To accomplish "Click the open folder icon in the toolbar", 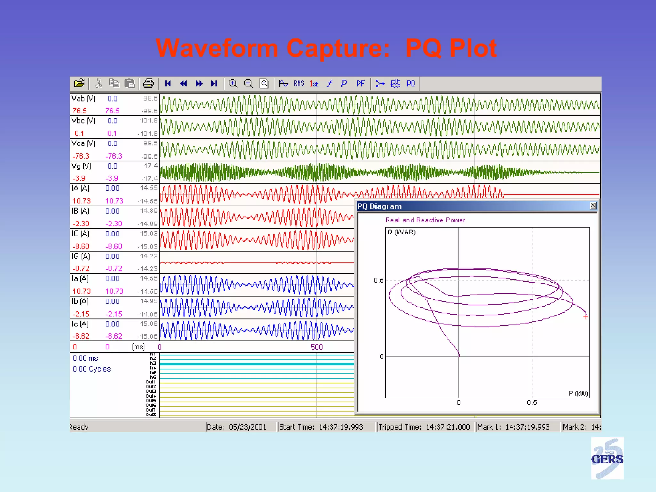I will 79,84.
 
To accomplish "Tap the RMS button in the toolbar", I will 299,84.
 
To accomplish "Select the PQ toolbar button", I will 411,84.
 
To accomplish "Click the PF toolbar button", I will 360,84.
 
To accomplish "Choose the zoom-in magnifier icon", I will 233,84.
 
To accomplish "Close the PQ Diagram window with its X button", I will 593,206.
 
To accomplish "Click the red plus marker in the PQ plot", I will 586,317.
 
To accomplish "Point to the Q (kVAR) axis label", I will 401,232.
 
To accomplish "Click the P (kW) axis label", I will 578,393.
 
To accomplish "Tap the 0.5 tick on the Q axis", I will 378,280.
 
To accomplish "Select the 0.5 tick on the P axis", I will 532,403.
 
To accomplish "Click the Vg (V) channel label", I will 81,166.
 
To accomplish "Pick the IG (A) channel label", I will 81,257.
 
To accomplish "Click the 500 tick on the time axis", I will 316,347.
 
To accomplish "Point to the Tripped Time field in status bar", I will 424,427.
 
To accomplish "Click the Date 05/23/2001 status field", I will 236,427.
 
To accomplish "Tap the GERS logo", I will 607,458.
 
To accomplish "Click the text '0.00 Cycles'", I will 91,369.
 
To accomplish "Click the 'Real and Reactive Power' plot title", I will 425,220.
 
